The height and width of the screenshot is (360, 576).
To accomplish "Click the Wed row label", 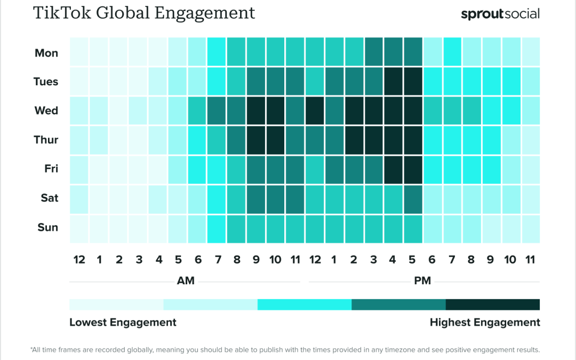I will pyautogui.click(x=46, y=111).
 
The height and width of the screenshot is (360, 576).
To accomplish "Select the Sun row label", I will pyautogui.click(x=47, y=228).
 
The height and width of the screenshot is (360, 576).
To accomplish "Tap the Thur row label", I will pyautogui.click(x=46, y=140).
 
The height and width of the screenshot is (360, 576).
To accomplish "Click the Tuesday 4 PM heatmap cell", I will pyautogui.click(x=393, y=82).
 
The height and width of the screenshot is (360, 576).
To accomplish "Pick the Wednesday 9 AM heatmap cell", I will pyautogui.click(x=256, y=111).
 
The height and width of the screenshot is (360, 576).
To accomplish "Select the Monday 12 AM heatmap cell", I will pyautogui.click(x=79, y=53).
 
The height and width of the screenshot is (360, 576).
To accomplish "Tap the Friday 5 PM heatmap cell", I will pyautogui.click(x=413, y=170).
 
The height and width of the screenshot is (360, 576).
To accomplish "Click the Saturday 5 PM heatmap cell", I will pyautogui.click(x=413, y=198).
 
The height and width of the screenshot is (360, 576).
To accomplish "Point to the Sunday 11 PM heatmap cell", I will pyautogui.click(x=531, y=228).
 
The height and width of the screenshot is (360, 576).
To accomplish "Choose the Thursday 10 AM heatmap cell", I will pyautogui.click(x=276, y=140).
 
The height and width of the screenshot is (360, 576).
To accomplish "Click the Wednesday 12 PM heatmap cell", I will pyautogui.click(x=315, y=111).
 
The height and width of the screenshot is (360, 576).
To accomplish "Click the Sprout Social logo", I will pyautogui.click(x=500, y=14).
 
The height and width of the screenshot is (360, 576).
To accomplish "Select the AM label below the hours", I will pyautogui.click(x=186, y=281).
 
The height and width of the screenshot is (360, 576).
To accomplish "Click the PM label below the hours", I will pyautogui.click(x=422, y=281).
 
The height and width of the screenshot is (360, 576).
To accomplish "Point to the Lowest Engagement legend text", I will pyautogui.click(x=123, y=323).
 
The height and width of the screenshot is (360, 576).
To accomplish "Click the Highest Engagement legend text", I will pyautogui.click(x=485, y=323).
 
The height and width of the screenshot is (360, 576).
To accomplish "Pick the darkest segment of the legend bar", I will pyautogui.click(x=492, y=305).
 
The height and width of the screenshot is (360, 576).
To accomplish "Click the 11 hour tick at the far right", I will pyautogui.click(x=531, y=260).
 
